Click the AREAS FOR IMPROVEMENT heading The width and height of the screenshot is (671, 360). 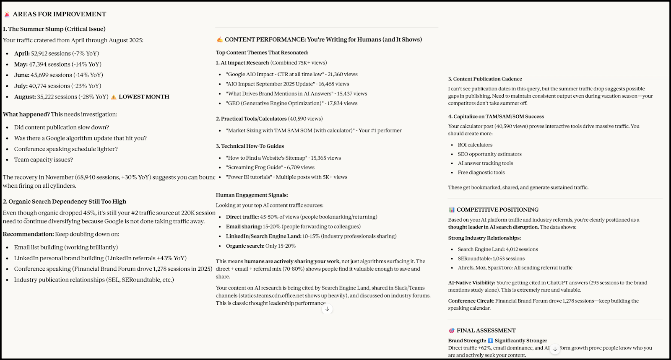59,14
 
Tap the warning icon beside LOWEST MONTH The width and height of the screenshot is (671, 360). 114,97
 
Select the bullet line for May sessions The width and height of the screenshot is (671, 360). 58,65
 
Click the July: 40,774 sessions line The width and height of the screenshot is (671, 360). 57,86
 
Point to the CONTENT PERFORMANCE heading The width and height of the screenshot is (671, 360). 323,40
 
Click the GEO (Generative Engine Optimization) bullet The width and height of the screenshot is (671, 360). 291,104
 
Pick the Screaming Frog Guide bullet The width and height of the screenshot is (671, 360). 270,168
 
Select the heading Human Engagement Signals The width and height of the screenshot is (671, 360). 252,195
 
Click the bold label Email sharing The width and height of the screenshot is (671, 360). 244,227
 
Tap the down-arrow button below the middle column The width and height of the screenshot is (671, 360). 327,309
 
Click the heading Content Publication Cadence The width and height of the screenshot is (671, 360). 485,79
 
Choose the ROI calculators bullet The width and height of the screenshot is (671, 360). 475,145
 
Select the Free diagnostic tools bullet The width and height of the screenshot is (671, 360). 481,173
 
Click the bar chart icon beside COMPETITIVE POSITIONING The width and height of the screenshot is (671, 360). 452,210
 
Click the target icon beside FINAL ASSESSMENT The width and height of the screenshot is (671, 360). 452,331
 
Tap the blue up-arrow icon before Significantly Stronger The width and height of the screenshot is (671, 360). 490,341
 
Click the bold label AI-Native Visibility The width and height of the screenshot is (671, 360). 471,283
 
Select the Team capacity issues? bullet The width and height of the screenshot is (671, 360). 44,160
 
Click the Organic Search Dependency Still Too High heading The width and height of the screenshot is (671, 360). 65,202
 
